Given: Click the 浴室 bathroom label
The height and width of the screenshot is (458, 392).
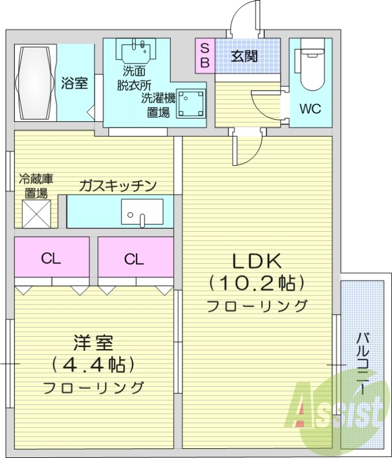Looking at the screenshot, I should point(75,83).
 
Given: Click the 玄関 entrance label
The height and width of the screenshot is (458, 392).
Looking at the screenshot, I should point(244,56).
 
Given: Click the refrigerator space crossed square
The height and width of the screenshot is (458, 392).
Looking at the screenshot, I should point(37,213).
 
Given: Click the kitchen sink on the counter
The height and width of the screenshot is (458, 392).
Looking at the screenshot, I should point(142,212).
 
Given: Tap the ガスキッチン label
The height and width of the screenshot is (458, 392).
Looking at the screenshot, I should point(117,185).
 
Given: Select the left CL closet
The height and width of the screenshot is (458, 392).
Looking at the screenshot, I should point(51,259).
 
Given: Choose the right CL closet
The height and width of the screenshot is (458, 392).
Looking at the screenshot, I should point(134,259).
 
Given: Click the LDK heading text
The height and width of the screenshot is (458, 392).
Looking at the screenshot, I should point(257,261).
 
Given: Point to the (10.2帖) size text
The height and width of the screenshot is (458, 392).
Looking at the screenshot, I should point(256,283).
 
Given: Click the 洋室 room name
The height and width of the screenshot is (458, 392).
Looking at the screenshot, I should point(93,343).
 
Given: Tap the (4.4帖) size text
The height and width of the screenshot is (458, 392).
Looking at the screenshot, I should point(93,364).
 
